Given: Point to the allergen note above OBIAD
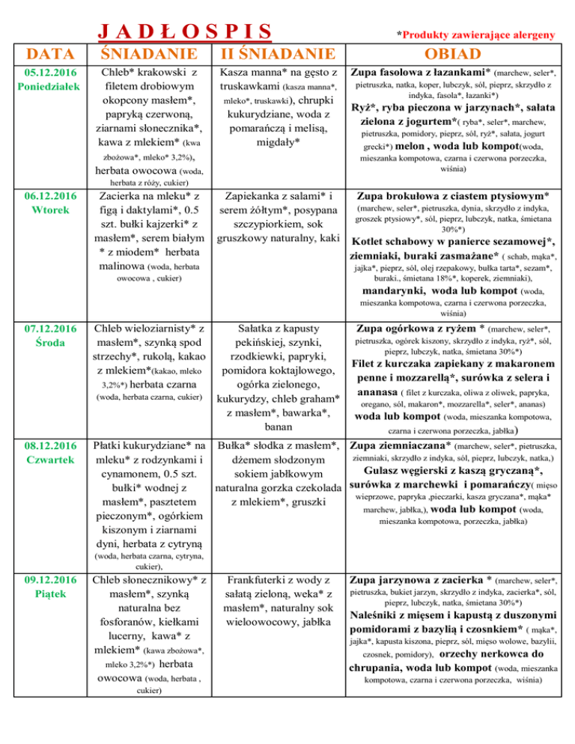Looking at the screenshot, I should (x=475, y=34).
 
